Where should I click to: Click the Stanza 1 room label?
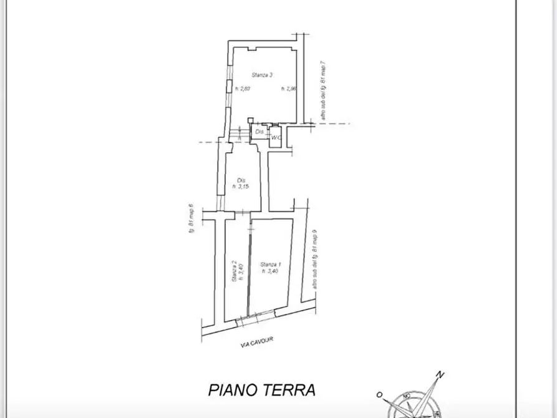(269, 264)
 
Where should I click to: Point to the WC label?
(276, 137)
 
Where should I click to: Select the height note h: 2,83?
(242, 89)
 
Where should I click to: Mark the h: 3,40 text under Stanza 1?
(269, 271)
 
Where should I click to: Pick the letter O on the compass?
(379, 394)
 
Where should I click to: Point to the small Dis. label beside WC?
(259, 132)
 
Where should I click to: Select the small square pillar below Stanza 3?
(251, 120)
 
